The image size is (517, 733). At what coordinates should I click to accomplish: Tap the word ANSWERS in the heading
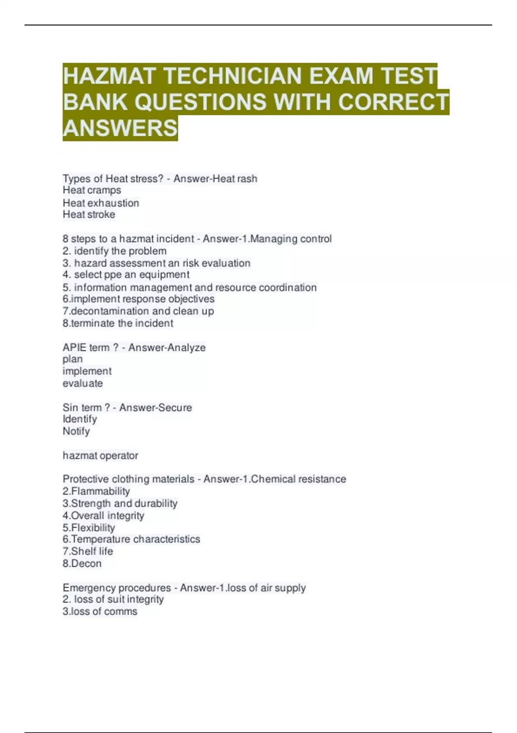point(120,128)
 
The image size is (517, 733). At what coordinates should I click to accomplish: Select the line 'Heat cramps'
point(92,190)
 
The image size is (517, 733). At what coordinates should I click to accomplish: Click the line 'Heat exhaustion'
point(101,203)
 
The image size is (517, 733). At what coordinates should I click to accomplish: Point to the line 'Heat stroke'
point(89,214)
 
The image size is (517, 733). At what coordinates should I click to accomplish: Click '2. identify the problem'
point(115,251)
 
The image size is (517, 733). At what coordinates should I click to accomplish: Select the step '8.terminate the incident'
point(118,323)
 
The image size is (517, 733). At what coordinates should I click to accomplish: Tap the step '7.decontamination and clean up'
point(138,311)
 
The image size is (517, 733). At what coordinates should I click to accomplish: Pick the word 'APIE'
point(75,348)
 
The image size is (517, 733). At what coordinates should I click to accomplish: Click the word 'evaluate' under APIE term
point(83,383)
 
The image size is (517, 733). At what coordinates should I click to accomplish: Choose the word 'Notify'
point(76,431)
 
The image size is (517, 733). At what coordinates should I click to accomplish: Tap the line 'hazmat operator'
point(100,455)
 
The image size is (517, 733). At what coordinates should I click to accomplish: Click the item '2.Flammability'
point(96,491)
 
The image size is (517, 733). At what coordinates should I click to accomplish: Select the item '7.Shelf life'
point(88,551)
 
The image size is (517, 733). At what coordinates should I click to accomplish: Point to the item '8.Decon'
point(82,564)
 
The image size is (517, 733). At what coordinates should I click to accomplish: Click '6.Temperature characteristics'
point(131,539)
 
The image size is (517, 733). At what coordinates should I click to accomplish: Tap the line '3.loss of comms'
point(100,611)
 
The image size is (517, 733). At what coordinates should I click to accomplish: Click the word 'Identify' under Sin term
point(80,419)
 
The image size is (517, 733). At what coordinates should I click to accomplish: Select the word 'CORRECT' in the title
point(393,102)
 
